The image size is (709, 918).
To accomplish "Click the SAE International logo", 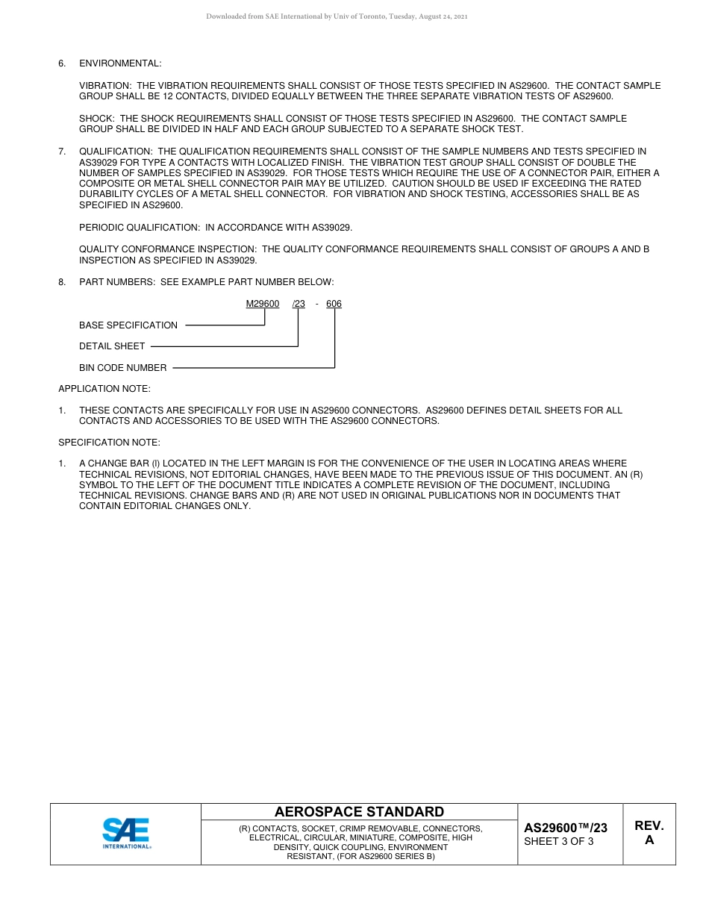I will pyautogui.click(x=126, y=834).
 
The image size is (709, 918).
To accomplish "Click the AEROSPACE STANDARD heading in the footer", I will pyautogui.click(x=359, y=812).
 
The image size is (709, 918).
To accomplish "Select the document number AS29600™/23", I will pyautogui.click(x=565, y=828).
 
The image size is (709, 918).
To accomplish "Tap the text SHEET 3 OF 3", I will pyautogui.click(x=559, y=842).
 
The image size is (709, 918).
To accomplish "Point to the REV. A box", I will pyautogui.click(x=649, y=833).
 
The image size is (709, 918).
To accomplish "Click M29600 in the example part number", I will pyautogui.click(x=263, y=304).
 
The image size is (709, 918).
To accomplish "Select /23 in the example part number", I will pyautogui.click(x=299, y=304).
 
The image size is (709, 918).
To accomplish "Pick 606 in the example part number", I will pyautogui.click(x=334, y=304).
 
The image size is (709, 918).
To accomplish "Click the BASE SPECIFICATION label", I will pyautogui.click(x=128, y=325).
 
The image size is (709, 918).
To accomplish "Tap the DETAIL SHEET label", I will pyautogui.click(x=112, y=346).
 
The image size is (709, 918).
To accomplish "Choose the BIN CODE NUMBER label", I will pyautogui.click(x=123, y=368).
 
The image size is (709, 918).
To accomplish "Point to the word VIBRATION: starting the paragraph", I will pyautogui.click(x=106, y=86).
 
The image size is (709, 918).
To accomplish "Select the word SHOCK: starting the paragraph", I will pyautogui.click(x=97, y=119).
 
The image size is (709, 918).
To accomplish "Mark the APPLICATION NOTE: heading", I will pyautogui.click(x=104, y=389).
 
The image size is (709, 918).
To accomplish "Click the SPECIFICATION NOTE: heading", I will pyautogui.click(x=109, y=443).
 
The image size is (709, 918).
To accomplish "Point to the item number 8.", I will pyautogui.click(x=62, y=282).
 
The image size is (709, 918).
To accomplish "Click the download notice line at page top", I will pyautogui.click(x=337, y=16).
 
